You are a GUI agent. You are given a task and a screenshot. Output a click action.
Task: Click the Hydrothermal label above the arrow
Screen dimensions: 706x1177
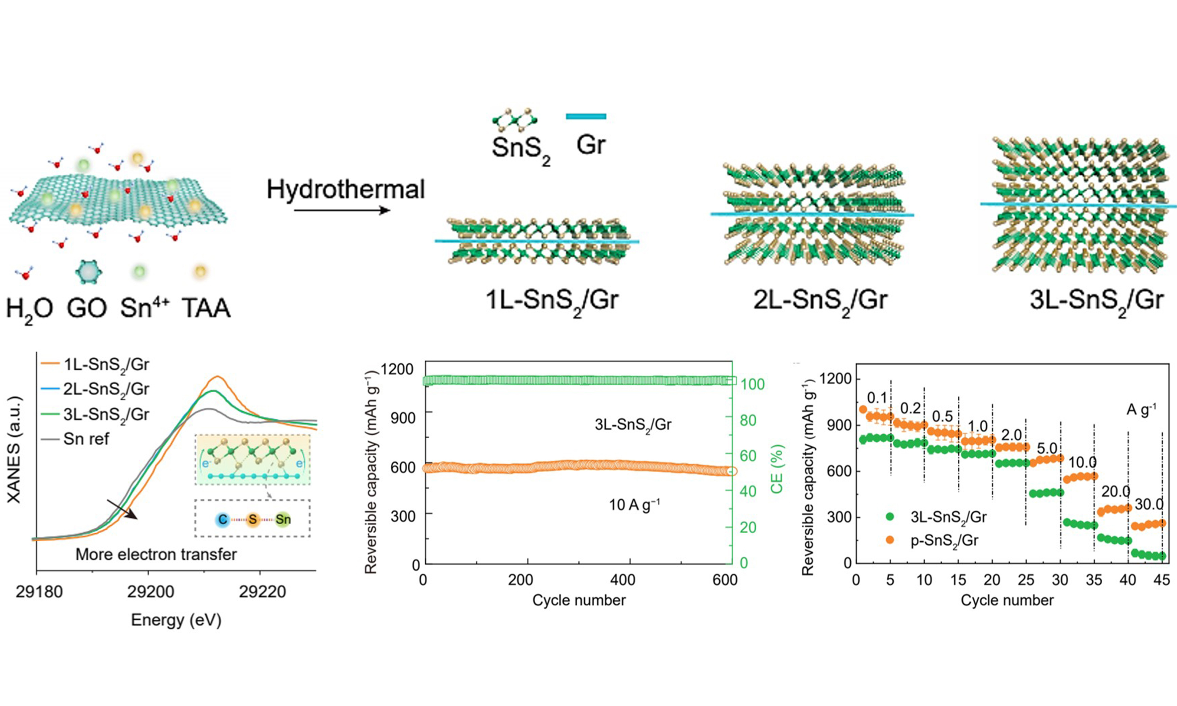[x=345, y=189]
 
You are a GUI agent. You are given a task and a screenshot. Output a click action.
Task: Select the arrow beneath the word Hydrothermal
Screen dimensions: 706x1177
[x=342, y=210]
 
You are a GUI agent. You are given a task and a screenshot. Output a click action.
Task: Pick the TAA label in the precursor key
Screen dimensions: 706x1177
[x=206, y=308]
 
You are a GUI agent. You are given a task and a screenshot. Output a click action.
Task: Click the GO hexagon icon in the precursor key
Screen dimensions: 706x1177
[x=88, y=272]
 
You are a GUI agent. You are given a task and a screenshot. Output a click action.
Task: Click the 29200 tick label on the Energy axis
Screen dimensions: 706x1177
[x=150, y=592]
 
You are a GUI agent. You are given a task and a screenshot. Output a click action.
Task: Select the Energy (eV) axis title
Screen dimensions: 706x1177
[x=176, y=620]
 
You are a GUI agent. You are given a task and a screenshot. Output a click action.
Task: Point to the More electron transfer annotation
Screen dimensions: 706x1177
[x=156, y=554]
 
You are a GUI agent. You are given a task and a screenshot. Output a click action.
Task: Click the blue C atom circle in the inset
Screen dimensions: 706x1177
[x=222, y=519]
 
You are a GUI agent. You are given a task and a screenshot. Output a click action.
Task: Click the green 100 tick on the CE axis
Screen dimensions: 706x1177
[x=752, y=384]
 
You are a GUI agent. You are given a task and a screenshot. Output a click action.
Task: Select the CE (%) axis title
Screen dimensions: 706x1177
[x=777, y=469]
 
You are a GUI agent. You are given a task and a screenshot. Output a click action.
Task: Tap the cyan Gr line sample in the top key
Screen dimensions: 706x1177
[x=586, y=116]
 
